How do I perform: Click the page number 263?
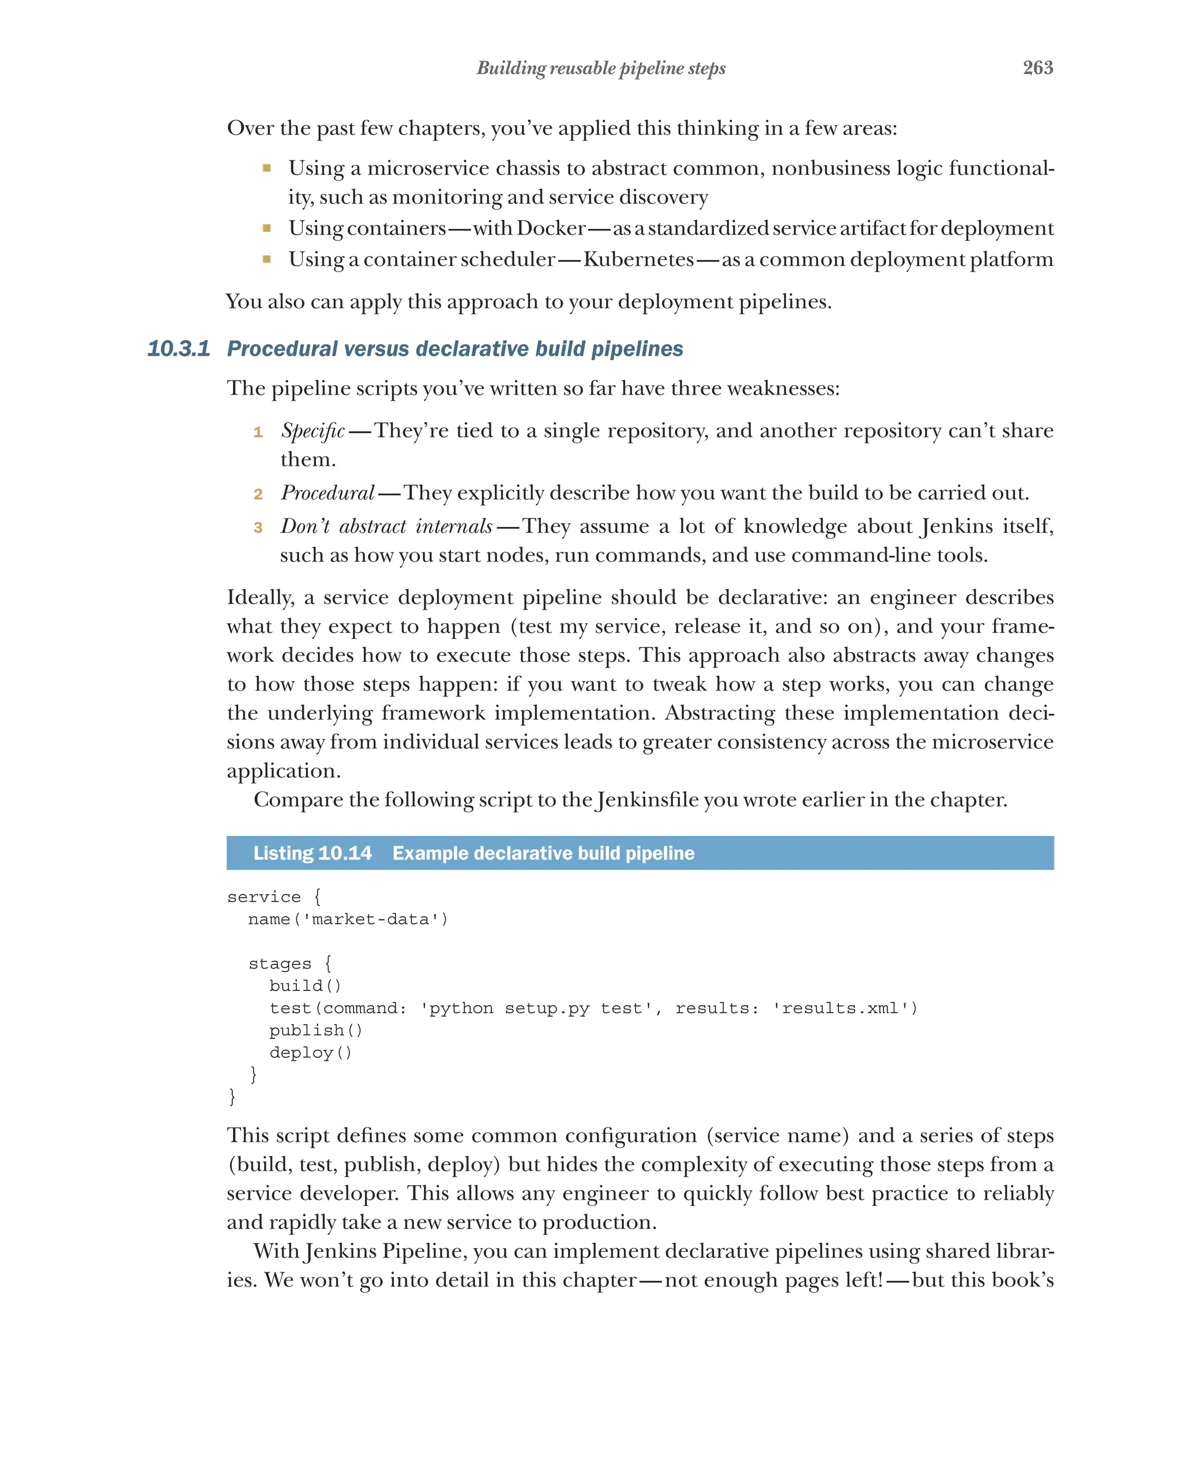(x=1037, y=67)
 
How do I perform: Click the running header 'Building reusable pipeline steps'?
(x=601, y=68)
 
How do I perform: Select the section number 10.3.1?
(x=179, y=349)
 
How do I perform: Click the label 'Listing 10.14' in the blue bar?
(x=312, y=853)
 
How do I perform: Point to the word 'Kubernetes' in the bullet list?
(x=638, y=259)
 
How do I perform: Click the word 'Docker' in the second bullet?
(x=551, y=228)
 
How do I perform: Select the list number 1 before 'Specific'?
(x=258, y=432)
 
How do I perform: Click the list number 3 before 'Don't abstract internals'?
(x=258, y=527)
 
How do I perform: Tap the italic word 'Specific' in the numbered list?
(x=313, y=431)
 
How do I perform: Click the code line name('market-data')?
(x=348, y=919)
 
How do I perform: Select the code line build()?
(x=305, y=986)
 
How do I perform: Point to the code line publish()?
(x=315, y=1030)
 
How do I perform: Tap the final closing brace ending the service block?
(x=232, y=1096)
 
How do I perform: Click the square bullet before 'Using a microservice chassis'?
(x=266, y=168)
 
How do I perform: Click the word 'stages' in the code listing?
(x=280, y=964)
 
